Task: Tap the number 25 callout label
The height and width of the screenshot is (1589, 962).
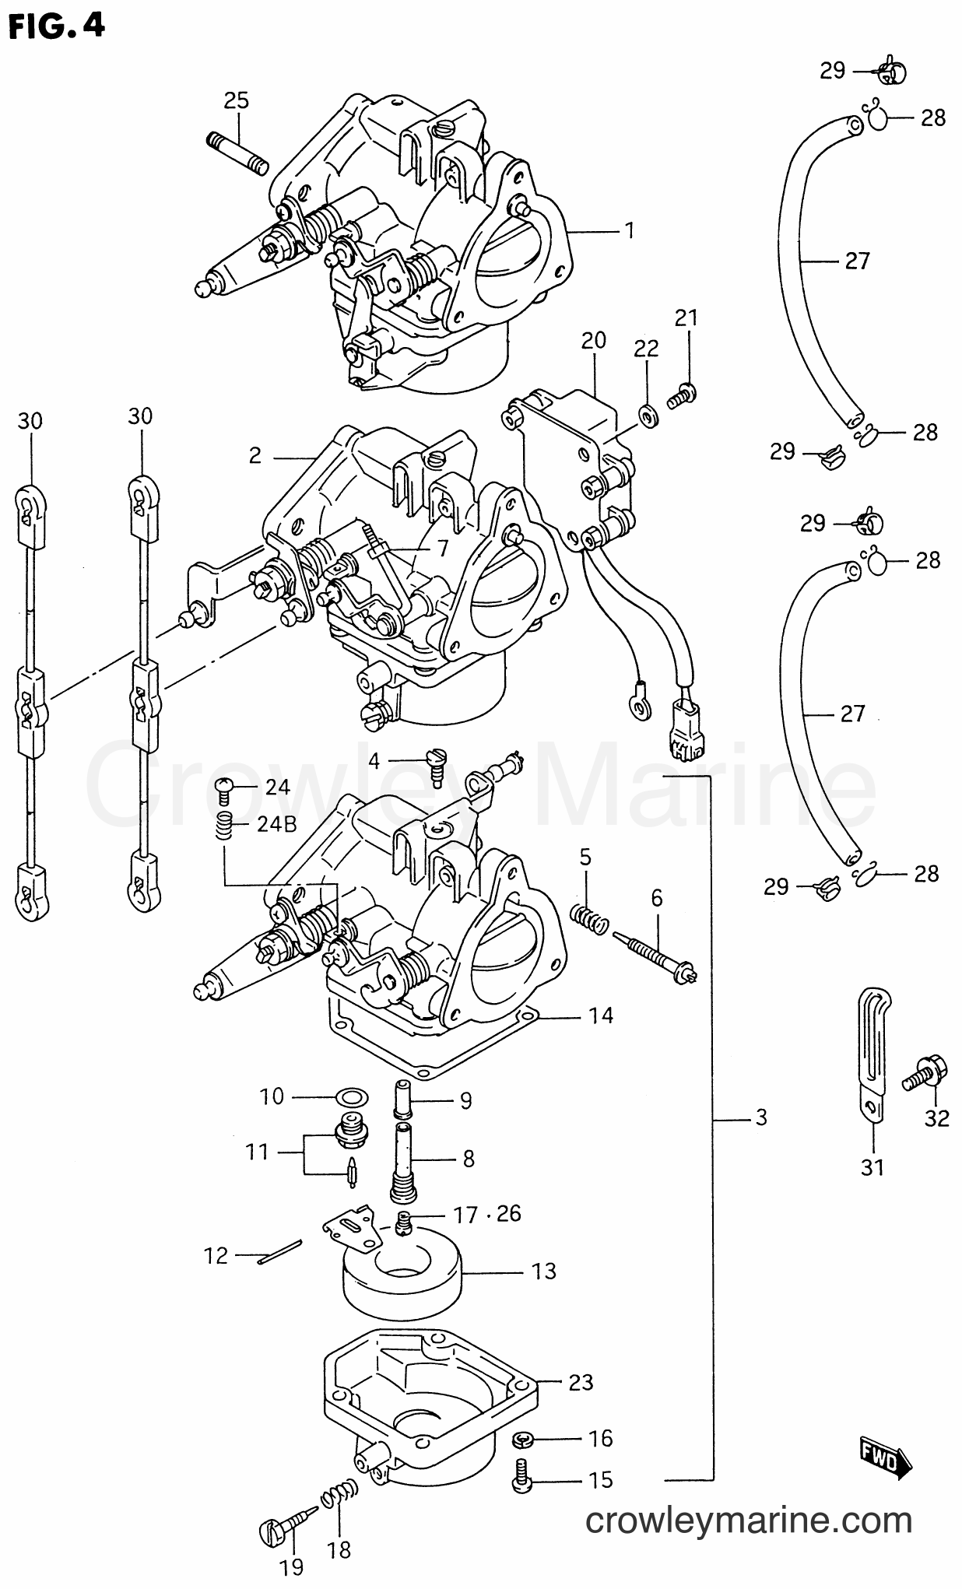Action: click(236, 100)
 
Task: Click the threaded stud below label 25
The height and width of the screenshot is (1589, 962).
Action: click(237, 153)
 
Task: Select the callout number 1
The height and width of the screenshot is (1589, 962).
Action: click(629, 231)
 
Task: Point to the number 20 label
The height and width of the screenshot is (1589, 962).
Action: click(593, 341)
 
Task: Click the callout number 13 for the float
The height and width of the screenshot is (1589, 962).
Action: click(544, 1271)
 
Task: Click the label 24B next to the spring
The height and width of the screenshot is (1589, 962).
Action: click(276, 825)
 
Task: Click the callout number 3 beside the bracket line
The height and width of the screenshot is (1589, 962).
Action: click(760, 1118)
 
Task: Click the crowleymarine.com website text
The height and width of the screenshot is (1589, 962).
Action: click(748, 1520)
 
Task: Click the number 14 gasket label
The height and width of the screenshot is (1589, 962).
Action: click(601, 1016)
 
